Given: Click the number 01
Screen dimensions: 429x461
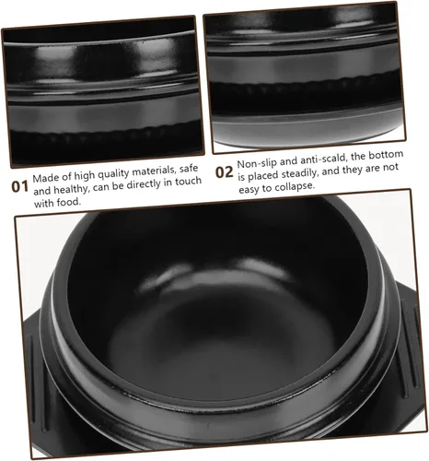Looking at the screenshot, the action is click(20, 186).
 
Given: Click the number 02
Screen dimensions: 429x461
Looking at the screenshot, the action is click(224, 172).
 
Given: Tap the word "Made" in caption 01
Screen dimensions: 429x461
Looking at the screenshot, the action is click(42, 178).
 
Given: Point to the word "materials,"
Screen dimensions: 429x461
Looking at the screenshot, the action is click(156, 171).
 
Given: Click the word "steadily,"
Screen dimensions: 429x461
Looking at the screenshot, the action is click(301, 172).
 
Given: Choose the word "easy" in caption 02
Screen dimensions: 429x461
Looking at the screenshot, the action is click(249, 190).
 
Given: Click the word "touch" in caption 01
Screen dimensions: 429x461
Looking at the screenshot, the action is click(188, 182).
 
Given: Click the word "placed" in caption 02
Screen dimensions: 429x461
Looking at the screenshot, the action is click(263, 176).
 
